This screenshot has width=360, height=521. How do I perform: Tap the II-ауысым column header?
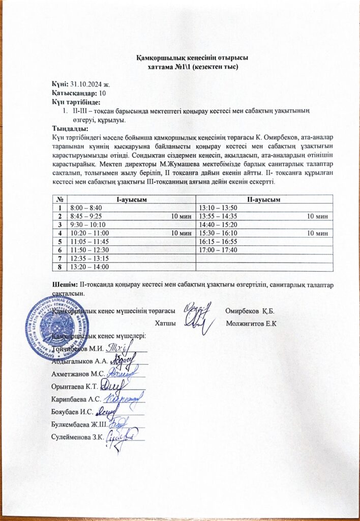pyautogui.click(x=264, y=199)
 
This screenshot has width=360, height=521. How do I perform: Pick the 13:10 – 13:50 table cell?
pyautogui.click(x=218, y=208)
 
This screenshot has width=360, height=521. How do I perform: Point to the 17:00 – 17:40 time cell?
pyautogui.click(x=218, y=250)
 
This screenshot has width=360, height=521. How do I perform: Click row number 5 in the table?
pyautogui.click(x=61, y=241)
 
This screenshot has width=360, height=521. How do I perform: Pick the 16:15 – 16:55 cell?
pyautogui.click(x=218, y=241)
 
